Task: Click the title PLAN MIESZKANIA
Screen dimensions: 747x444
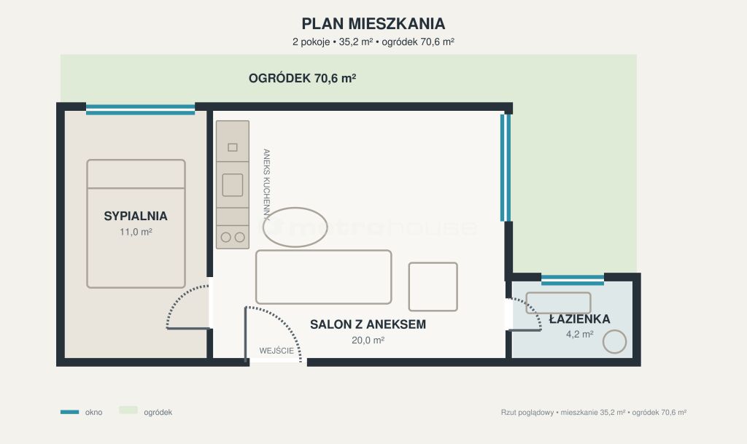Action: (373, 23)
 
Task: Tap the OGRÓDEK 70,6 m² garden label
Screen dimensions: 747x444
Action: (302, 78)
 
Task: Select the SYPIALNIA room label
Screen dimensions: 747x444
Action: (136, 216)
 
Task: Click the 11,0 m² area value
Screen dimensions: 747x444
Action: (136, 232)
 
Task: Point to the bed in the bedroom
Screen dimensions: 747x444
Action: (136, 224)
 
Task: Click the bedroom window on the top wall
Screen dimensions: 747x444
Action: (141, 109)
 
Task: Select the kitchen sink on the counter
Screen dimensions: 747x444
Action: (233, 185)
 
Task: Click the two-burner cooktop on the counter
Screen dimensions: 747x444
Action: (233, 237)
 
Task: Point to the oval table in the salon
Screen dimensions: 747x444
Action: (295, 227)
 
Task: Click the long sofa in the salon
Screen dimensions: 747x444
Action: (323, 277)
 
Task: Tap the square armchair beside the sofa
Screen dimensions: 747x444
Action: (433, 287)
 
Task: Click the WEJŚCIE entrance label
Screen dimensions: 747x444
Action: (276, 351)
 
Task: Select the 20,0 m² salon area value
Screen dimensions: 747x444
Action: (368, 340)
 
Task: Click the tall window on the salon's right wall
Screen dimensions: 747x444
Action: (506, 168)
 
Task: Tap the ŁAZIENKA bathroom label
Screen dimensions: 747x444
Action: (579, 319)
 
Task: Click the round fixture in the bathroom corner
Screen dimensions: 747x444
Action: (614, 342)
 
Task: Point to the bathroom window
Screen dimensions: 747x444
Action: (573, 280)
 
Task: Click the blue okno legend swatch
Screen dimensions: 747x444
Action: (69, 412)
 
